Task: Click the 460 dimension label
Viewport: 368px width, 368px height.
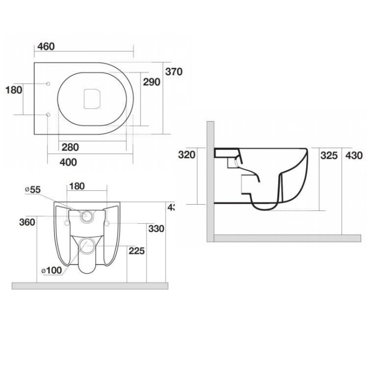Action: click(x=46, y=47)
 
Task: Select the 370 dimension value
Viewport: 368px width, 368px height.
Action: click(x=173, y=72)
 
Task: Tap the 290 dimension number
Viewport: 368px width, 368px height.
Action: click(x=152, y=82)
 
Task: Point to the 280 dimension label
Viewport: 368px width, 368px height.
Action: click(x=70, y=147)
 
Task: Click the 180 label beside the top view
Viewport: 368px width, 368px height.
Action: click(x=13, y=90)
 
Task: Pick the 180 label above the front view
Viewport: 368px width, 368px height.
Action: click(x=77, y=186)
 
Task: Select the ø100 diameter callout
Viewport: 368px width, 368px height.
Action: click(x=51, y=270)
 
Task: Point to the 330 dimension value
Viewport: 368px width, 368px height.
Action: click(x=157, y=228)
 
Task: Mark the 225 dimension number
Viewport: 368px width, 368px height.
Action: click(x=136, y=251)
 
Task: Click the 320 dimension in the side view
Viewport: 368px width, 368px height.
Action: click(x=187, y=155)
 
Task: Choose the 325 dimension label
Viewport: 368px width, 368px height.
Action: click(x=329, y=155)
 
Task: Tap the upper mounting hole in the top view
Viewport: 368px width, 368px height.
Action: click(x=48, y=84)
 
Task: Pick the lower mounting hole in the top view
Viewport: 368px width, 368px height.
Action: click(x=48, y=114)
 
